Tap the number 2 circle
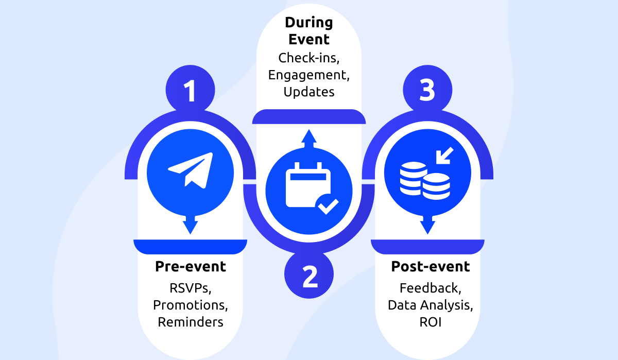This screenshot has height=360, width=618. coord(309,277)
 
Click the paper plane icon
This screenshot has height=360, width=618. coord(191,169)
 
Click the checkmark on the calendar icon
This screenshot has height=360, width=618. coord(328,205)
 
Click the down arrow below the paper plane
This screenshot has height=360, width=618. coord(191,224)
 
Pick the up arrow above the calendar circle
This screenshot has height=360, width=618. coord(309,138)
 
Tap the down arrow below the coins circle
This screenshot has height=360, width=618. coord(427,224)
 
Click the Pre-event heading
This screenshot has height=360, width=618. coord(191,267)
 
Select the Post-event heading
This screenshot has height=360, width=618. coord(431,267)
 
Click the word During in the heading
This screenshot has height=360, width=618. coord(309,23)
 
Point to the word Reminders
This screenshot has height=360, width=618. coord(191,322)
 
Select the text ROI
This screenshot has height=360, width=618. coord(431,322)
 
